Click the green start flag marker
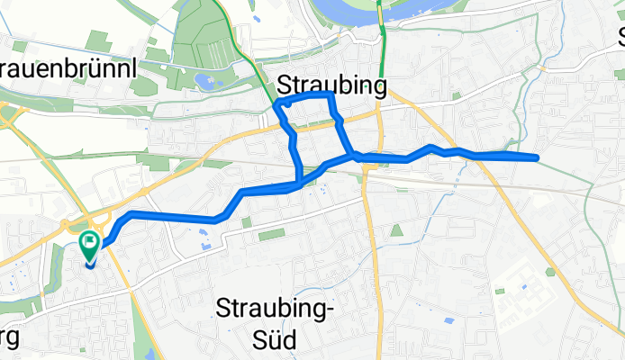90,243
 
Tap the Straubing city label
333,85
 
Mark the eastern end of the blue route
537,158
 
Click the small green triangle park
397,232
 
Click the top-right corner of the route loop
332,94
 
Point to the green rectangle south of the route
270,235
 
